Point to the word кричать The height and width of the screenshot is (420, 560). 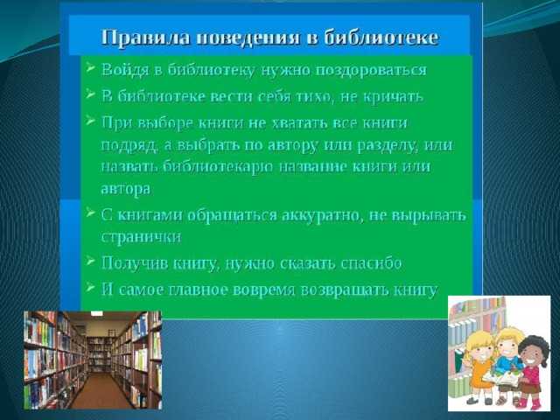pos(393,96)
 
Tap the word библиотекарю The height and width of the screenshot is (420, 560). pos(219,167)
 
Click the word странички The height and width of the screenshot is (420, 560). pos(141,237)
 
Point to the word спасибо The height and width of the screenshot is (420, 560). pos(371,263)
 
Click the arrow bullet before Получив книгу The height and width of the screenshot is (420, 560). pos(91,261)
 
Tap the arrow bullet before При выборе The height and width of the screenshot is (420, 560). pos(91,121)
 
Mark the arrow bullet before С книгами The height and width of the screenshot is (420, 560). pos(91,213)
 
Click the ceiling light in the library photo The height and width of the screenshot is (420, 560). pos(96,313)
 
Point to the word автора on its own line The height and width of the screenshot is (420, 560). pos(126,189)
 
